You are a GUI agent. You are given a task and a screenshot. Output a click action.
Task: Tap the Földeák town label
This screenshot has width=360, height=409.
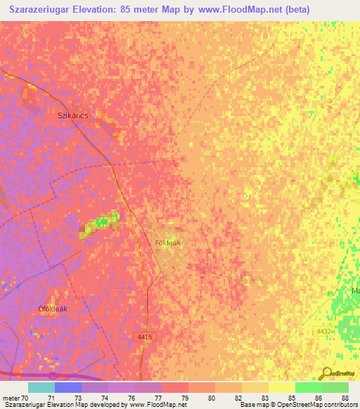pyautogui.click(x=168, y=242)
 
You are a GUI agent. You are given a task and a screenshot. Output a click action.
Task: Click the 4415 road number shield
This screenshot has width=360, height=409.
pyautogui.click(x=144, y=337)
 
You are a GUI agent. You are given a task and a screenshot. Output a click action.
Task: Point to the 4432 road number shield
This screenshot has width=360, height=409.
pyautogui.click(x=323, y=331)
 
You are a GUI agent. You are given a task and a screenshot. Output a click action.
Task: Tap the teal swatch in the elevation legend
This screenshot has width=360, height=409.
pyautogui.click(x=41, y=387)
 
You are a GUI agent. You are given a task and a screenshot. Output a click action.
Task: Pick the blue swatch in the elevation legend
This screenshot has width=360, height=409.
pyautogui.click(x=68, y=387)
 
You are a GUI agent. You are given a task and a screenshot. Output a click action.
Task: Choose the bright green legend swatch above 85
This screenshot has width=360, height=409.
pyautogui.click(x=308, y=387)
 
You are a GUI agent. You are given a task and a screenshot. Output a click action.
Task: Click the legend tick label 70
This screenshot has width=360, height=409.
pyautogui.click(x=25, y=397)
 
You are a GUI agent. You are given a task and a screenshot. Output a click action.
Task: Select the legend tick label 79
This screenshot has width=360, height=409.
pyautogui.click(x=186, y=397)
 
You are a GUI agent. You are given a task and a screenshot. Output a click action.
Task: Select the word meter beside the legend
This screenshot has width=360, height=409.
pyautogui.click(x=11, y=397)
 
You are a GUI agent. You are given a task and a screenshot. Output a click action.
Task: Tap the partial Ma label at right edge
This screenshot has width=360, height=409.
pyautogui.click(x=355, y=290)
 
